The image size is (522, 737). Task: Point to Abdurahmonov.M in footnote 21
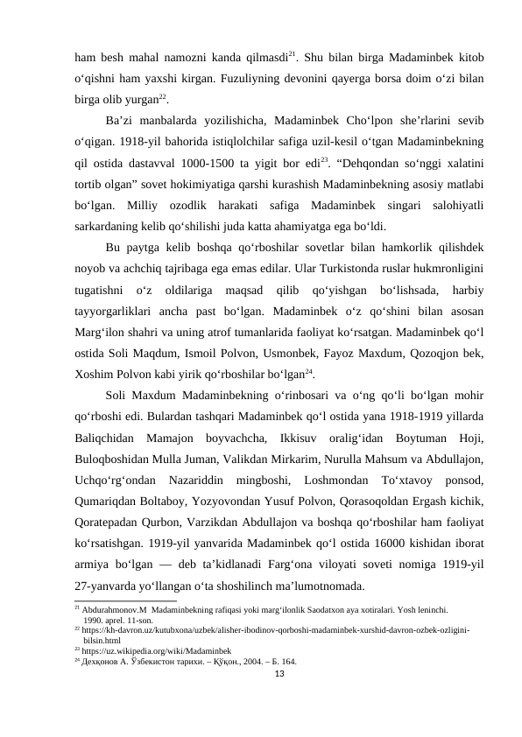pyautogui.click(x=114, y=605)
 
